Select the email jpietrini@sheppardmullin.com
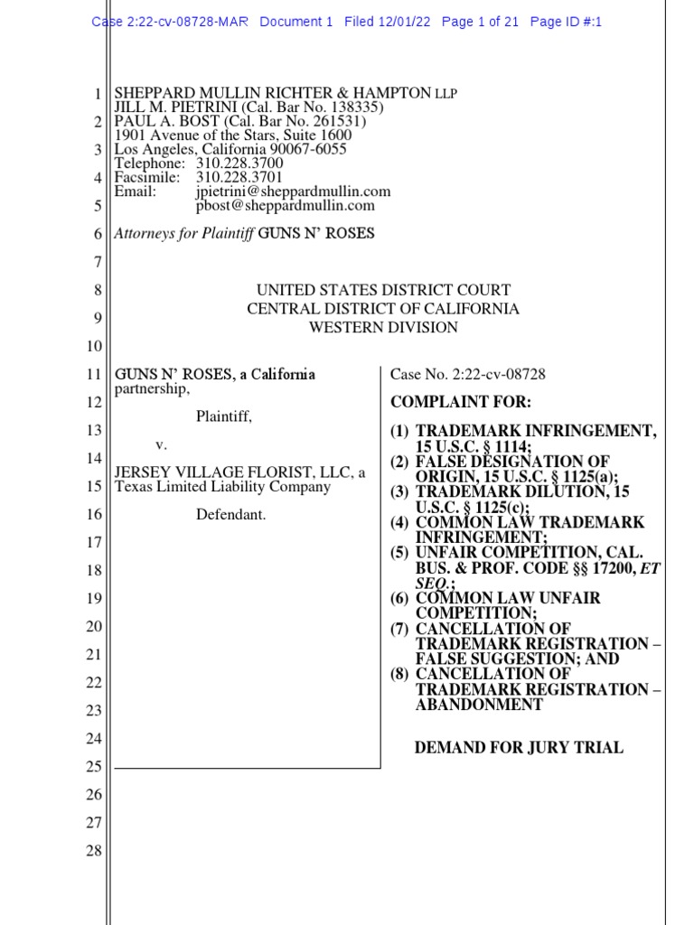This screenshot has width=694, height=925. [x=293, y=192]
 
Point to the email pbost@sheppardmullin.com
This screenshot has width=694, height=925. [x=285, y=206]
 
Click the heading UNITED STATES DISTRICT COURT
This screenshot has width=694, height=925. [x=383, y=291]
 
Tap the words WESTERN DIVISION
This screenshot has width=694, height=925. [x=383, y=328]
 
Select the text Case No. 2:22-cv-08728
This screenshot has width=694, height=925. [x=467, y=375]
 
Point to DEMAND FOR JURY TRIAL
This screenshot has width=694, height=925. [x=519, y=748]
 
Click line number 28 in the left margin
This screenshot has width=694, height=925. [x=94, y=851]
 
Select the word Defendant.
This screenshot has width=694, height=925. [x=231, y=515]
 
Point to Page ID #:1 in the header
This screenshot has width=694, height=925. [x=566, y=22]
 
